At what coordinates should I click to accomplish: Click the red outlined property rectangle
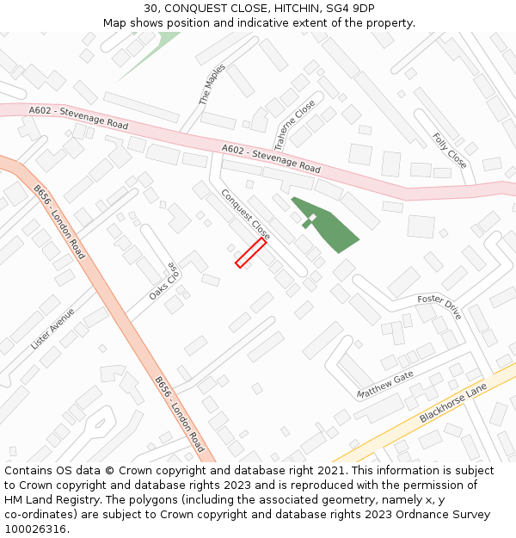pyautogui.click(x=250, y=253)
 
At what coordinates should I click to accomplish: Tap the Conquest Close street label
pyautogui.click(x=246, y=214)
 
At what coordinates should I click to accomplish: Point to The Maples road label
pyautogui.click(x=212, y=84)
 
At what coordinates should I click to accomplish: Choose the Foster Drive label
pyautogui.click(x=439, y=306)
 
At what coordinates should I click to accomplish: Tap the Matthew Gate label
pyautogui.click(x=385, y=384)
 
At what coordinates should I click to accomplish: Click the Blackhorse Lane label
pyautogui.click(x=453, y=403)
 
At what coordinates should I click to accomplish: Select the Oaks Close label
pyautogui.click(x=163, y=281)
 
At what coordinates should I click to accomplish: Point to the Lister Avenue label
pyautogui.click(x=53, y=329)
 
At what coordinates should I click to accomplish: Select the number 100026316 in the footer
pyautogui.click(x=37, y=529)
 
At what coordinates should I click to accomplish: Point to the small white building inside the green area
pyautogui.click(x=312, y=218)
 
